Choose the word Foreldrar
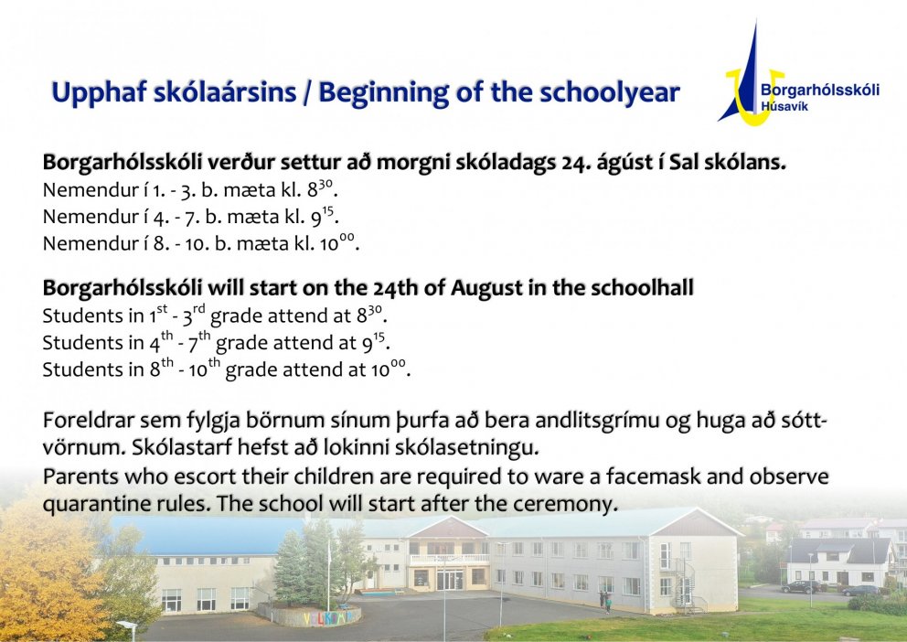coord(80,423)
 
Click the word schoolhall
coord(639,288)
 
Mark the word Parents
coord(77,477)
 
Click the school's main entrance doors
coord(449,579)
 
